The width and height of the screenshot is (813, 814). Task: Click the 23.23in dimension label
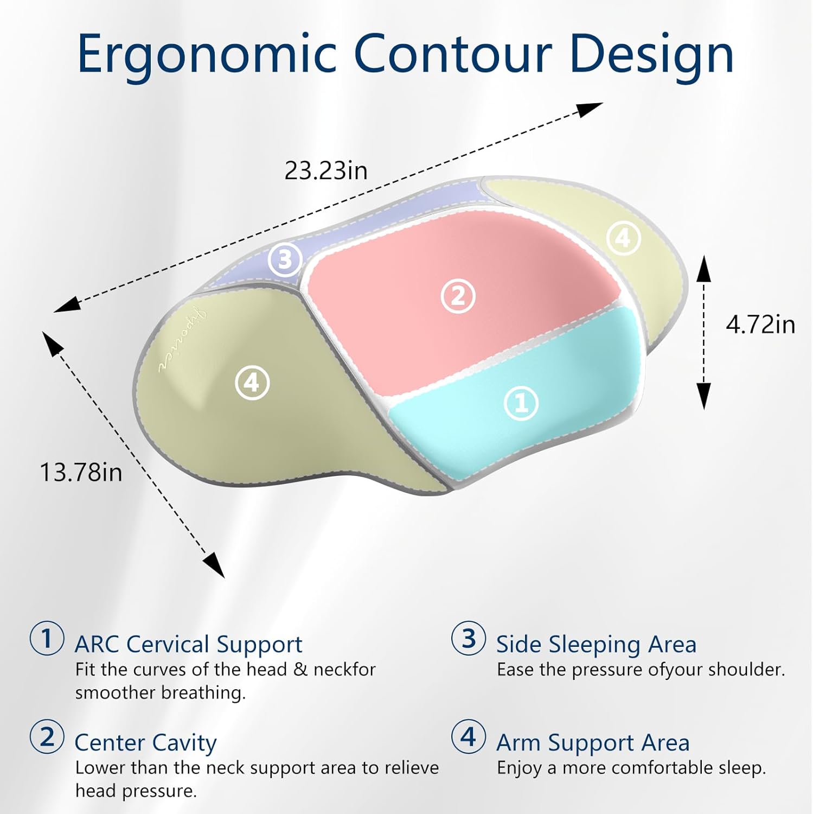point(326,170)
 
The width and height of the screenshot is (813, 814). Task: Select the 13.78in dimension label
point(81,472)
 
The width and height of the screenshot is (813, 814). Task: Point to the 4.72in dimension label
point(760,325)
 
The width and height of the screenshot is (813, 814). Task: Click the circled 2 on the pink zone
point(458,296)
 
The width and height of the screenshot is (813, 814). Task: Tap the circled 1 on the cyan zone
point(521,403)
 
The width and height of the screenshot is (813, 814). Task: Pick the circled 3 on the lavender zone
point(285,259)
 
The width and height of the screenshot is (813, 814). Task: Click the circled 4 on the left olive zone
point(252,383)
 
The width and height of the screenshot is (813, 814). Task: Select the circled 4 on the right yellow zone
point(623,238)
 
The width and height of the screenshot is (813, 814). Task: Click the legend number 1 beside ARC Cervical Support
point(47,638)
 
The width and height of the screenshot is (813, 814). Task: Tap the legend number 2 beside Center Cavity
point(47,737)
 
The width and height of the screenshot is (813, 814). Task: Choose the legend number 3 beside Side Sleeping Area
point(469,638)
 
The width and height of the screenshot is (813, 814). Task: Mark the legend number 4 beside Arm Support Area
point(469,737)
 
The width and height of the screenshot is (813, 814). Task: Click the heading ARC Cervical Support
point(188,645)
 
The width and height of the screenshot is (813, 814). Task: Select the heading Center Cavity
point(145,743)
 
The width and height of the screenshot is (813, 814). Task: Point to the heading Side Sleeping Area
point(596,645)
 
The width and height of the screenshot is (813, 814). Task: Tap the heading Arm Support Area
point(593,743)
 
